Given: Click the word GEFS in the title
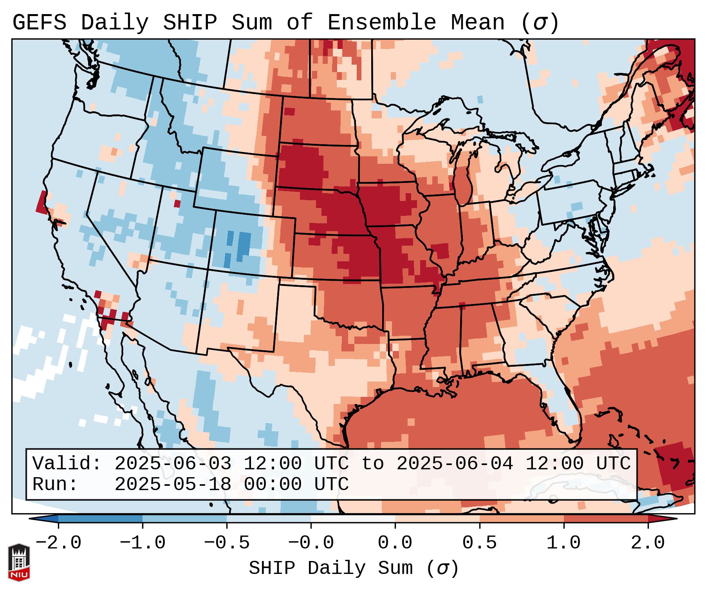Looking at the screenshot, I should [39, 23].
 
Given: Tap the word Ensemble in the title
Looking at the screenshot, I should [381, 23].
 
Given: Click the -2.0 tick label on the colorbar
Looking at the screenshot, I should [58, 543].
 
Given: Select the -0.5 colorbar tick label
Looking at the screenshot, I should [227, 543].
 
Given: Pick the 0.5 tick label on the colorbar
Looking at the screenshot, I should [479, 543].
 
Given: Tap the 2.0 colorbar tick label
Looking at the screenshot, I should [648, 543].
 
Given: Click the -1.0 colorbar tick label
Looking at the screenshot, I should [143, 543].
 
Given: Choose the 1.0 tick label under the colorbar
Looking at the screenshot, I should [563, 543].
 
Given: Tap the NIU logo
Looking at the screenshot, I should [19, 562].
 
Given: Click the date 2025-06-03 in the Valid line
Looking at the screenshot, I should [173, 463].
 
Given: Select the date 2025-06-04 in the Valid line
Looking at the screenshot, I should [455, 463].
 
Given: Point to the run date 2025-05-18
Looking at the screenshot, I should [173, 484].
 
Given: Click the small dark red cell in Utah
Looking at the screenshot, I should [177, 204].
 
